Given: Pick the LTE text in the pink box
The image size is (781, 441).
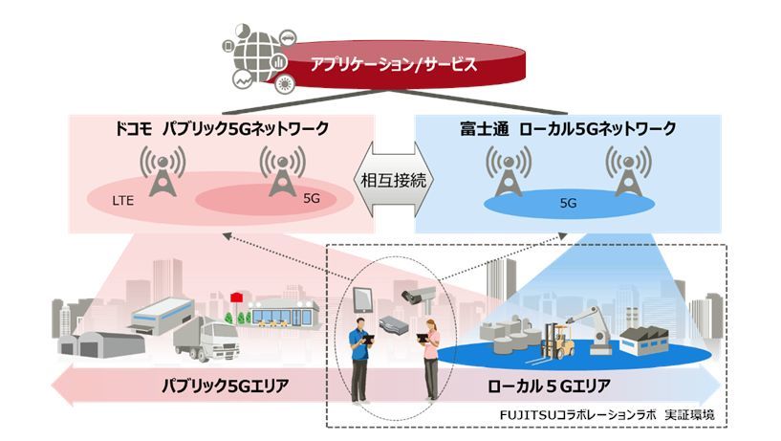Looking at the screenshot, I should point(123,202).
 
